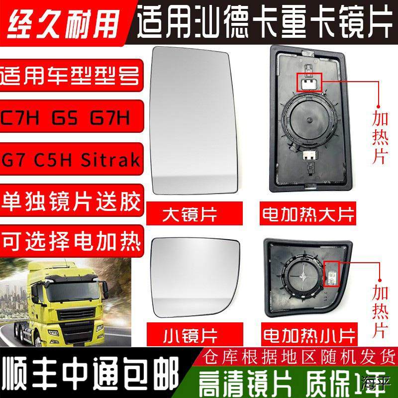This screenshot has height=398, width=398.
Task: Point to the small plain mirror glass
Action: (191, 279)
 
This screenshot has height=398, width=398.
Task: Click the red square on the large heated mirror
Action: (309, 81)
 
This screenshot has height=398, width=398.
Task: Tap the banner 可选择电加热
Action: (73, 242)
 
